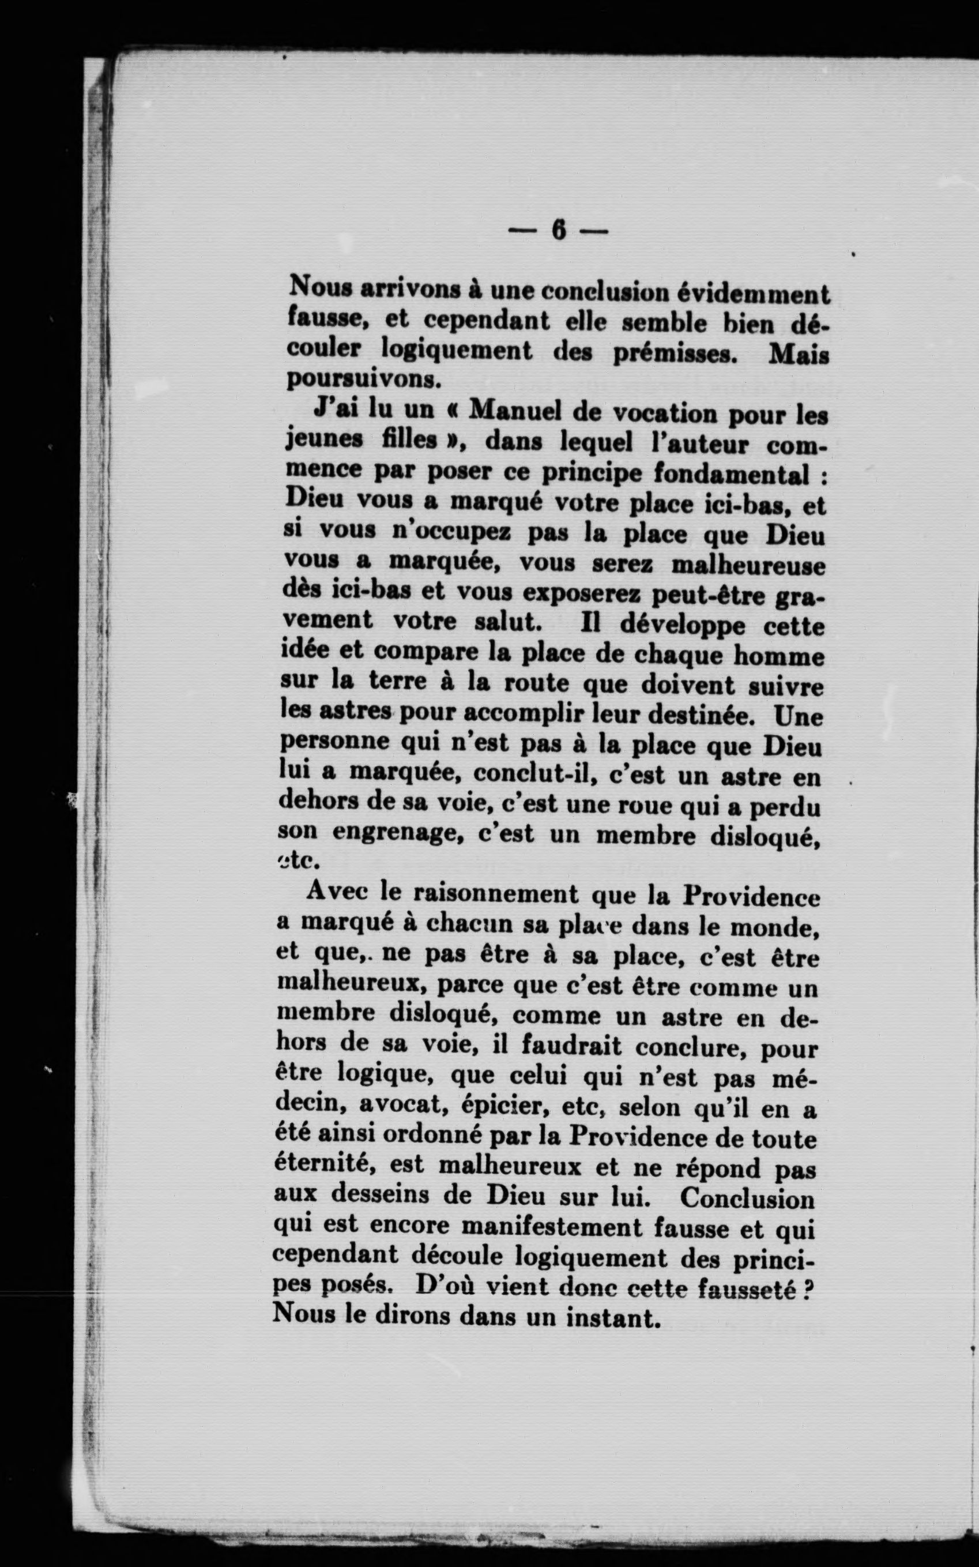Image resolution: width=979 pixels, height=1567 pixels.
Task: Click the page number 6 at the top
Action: tap(558, 230)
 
